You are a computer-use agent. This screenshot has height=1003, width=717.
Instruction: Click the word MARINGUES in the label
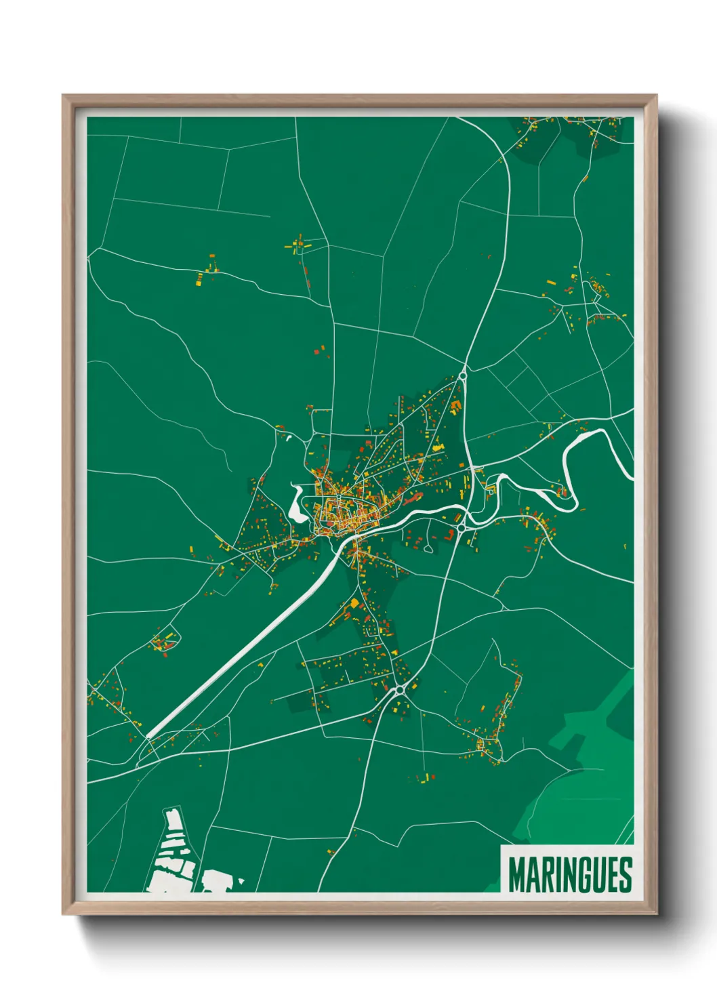pos(569,875)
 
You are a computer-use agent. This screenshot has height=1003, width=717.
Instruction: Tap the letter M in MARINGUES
pos(516,875)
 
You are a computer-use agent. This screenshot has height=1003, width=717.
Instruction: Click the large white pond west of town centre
pos(297,505)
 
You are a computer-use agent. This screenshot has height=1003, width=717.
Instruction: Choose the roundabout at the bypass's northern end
pos(464,375)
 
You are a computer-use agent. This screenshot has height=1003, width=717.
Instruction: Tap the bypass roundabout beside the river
pos(461,527)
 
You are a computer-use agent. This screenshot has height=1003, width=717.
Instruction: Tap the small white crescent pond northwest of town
pos(289,438)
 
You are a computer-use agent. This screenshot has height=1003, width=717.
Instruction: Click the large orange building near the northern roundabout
pos(455,406)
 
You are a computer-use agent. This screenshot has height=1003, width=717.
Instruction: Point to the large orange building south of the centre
pos(354,602)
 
